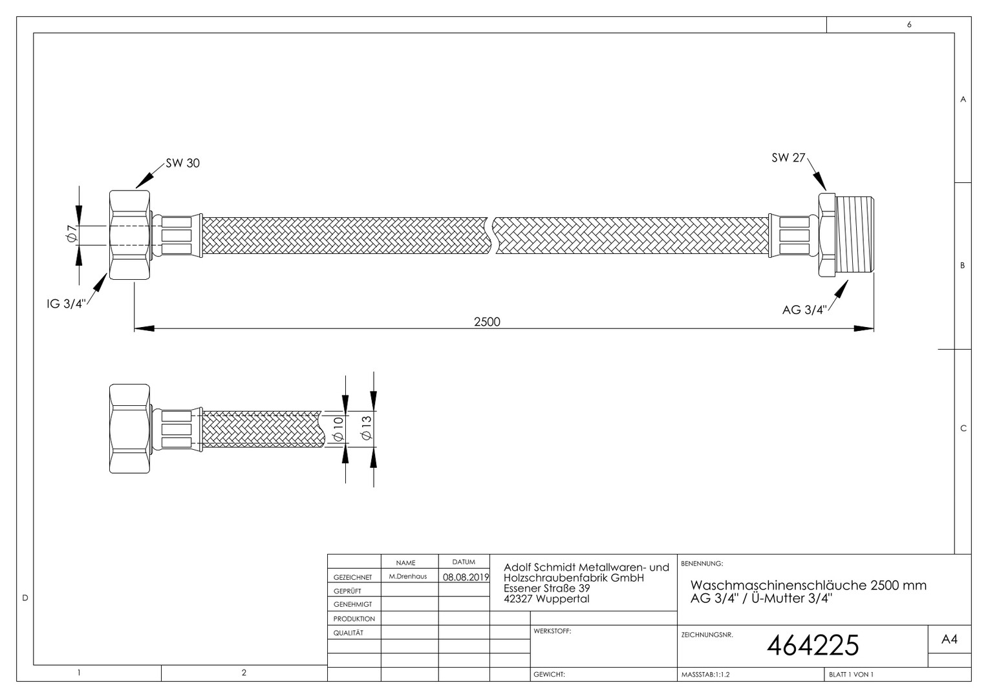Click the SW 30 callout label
click(182, 163)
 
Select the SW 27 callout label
click(788, 158)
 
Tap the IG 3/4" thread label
click(66, 304)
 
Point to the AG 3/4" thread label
click(804, 310)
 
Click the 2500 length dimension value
click(487, 322)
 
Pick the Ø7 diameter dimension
click(72, 233)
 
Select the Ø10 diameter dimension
click(338, 428)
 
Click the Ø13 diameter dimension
click(367, 428)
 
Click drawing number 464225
click(813, 646)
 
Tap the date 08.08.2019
click(466, 577)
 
